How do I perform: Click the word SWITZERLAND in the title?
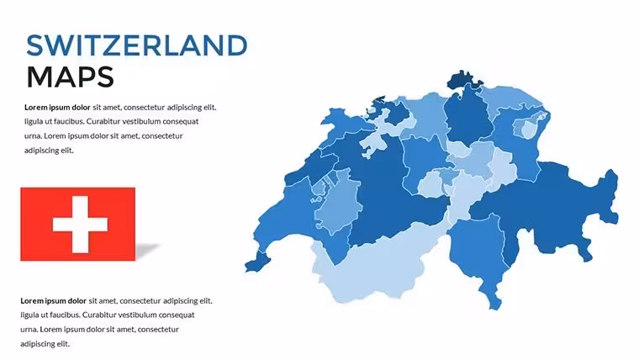(x=137, y=45)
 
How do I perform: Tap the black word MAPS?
(x=70, y=77)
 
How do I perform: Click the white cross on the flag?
(x=80, y=225)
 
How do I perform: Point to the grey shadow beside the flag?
(x=147, y=251)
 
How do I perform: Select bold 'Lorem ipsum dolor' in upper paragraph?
(x=57, y=107)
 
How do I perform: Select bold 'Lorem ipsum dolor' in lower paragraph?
(x=53, y=301)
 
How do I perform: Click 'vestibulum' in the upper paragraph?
(x=140, y=121)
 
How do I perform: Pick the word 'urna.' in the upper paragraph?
(x=33, y=135)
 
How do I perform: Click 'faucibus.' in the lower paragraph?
(x=64, y=315)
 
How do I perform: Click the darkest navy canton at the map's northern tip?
(x=464, y=80)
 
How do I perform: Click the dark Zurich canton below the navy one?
(x=467, y=119)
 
